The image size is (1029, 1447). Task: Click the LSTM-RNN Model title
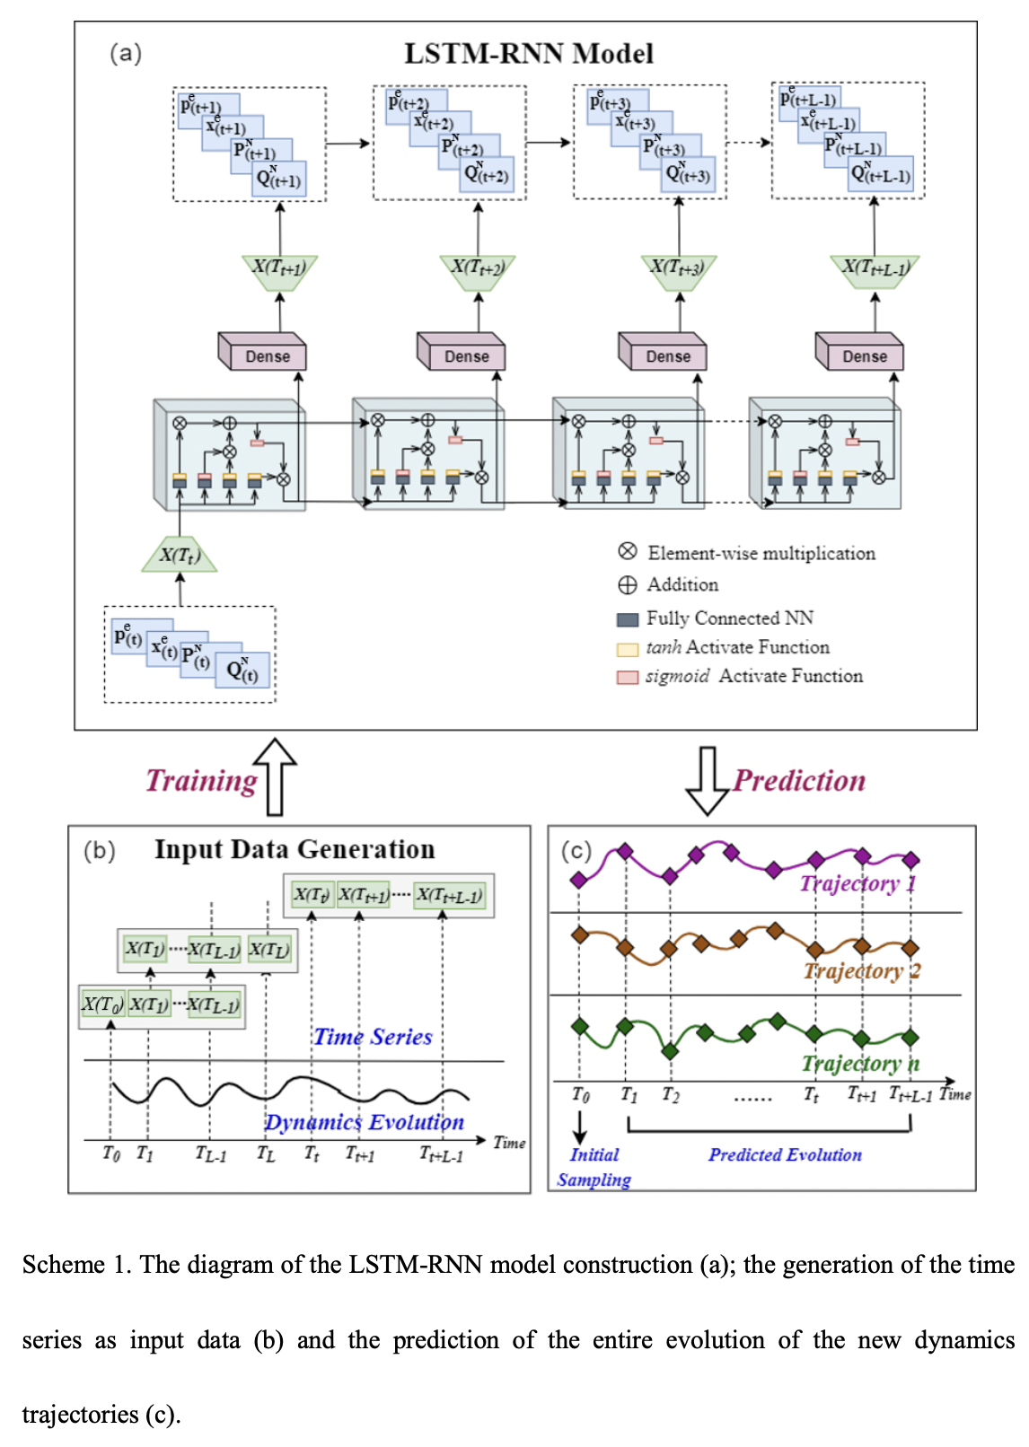[528, 54]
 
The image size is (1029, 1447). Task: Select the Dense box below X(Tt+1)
[267, 356]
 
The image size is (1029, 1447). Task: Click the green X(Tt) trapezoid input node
[179, 556]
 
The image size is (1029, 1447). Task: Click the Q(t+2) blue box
[488, 176]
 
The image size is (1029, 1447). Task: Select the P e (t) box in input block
[128, 637]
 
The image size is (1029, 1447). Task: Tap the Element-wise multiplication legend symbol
[628, 551]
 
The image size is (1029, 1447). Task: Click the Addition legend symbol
[628, 585]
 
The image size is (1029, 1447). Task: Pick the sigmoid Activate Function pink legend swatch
[628, 677]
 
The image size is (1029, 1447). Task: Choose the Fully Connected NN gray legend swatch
[628, 619]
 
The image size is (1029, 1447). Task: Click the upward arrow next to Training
[275, 776]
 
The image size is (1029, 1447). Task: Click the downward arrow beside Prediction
[708, 780]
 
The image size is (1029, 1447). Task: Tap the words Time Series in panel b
[373, 1037]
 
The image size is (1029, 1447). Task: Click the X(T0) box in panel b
[101, 1004]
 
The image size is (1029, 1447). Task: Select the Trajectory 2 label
[861, 970]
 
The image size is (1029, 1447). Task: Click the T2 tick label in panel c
[671, 1095]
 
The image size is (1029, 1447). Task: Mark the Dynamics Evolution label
[364, 1122]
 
